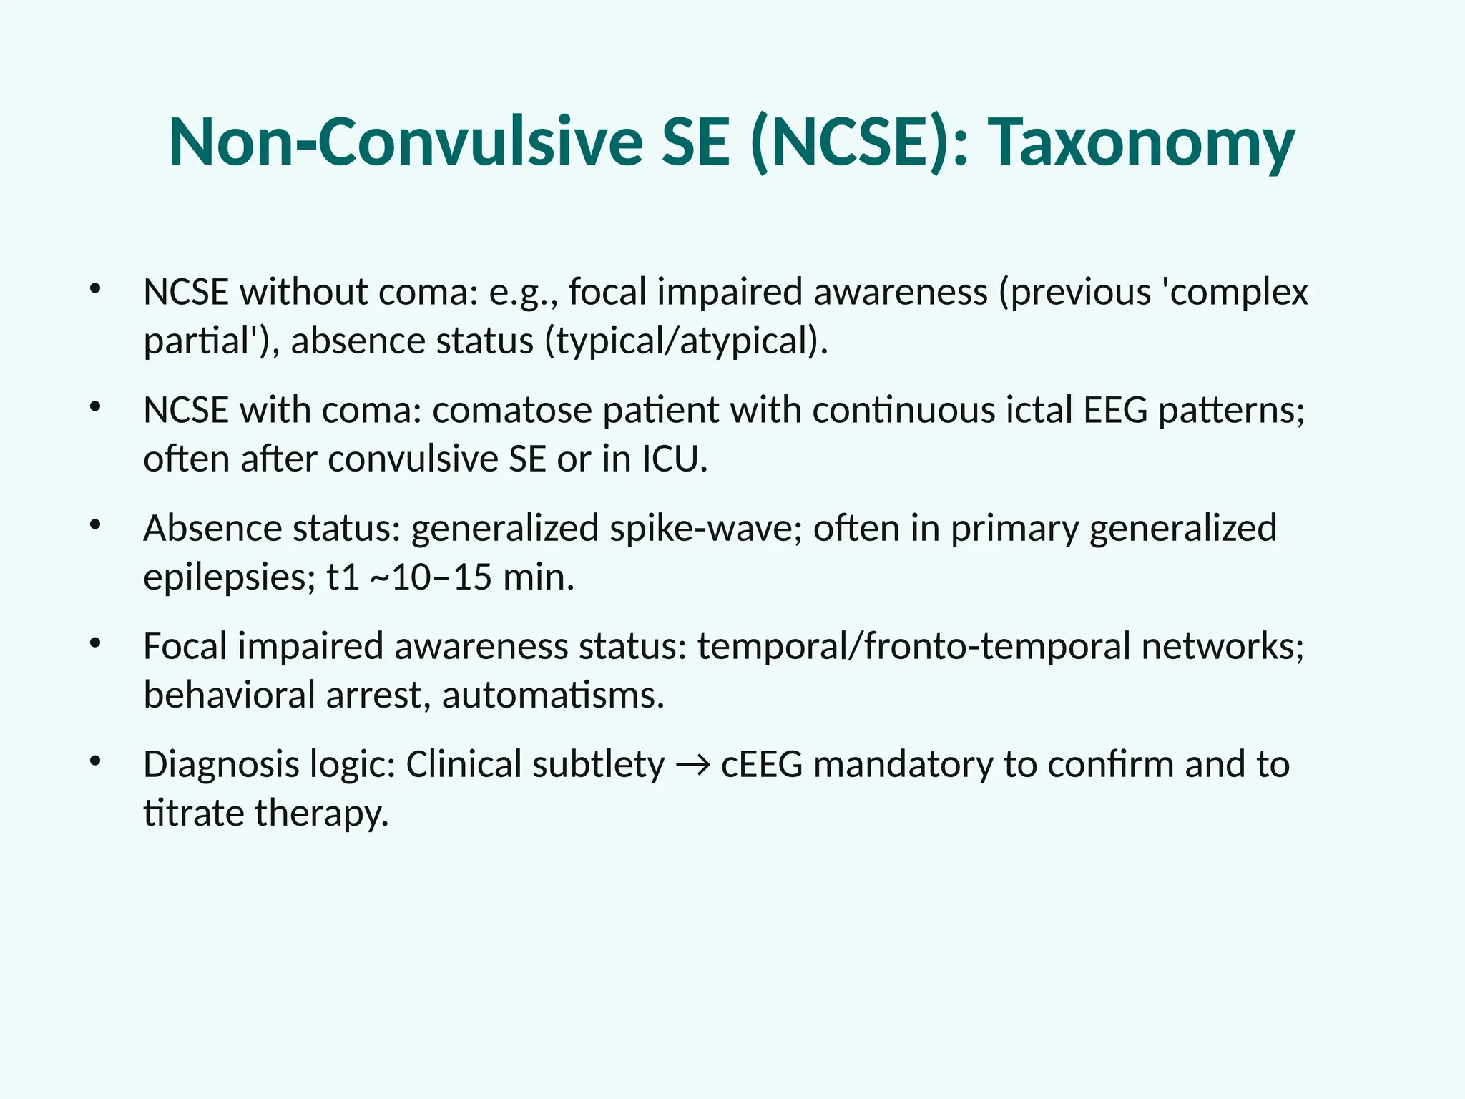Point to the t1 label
tap(343, 577)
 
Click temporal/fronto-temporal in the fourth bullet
tap(915, 647)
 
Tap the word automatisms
tap(553, 695)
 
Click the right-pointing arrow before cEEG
tap(692, 766)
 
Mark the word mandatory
tap(903, 765)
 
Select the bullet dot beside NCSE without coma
tap(95, 289)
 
